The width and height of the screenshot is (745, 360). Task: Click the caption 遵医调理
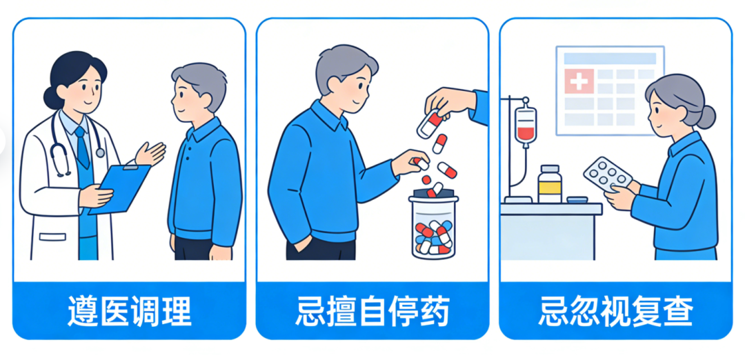tap(129, 311)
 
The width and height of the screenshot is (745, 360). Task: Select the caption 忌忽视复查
tap(616, 311)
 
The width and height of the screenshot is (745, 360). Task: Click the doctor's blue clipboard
tap(120, 187)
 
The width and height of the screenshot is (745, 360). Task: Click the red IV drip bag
tap(526, 124)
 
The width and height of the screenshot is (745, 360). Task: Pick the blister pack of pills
tap(608, 174)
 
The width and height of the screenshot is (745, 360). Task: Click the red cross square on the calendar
tap(579, 81)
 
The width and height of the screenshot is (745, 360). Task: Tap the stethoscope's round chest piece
tap(100, 152)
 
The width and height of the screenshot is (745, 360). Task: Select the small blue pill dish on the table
tap(577, 200)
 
